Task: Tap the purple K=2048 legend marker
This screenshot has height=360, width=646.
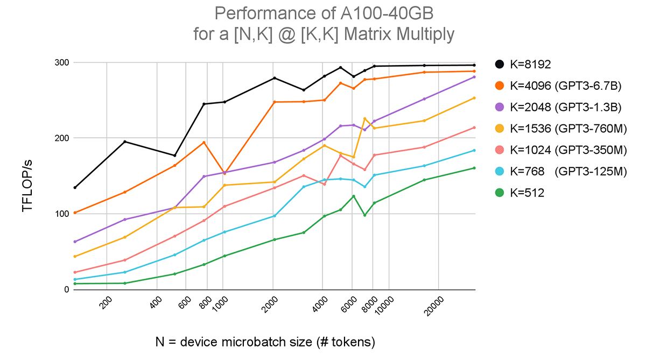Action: coord(500,107)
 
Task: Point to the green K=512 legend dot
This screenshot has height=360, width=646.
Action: coord(500,193)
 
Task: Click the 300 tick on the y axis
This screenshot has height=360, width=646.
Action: coord(63,63)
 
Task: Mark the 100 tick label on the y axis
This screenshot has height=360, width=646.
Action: coord(63,214)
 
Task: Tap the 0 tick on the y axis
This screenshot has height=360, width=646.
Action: coord(67,290)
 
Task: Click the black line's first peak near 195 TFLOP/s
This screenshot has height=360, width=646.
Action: coord(125,142)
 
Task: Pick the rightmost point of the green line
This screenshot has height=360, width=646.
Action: coord(474,168)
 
